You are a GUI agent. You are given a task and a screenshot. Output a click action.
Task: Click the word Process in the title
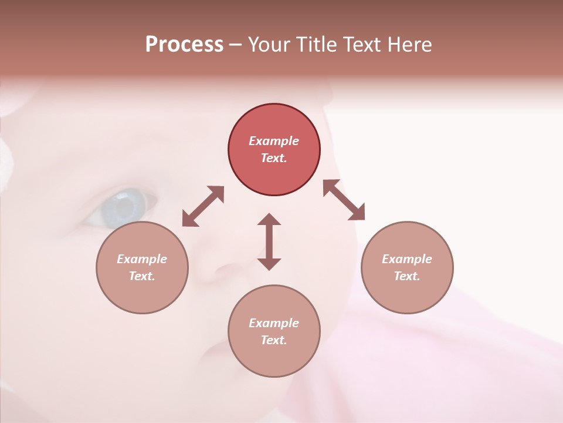[x=184, y=45]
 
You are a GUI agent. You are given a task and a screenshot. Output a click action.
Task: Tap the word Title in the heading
[x=317, y=45]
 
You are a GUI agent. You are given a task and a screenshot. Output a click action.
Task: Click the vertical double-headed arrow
[x=269, y=241]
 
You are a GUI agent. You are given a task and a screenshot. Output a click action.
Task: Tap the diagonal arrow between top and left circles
[x=203, y=206]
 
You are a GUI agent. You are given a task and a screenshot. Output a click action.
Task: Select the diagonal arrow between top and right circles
[x=344, y=200]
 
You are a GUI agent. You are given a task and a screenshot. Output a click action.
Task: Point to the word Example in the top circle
[x=274, y=141]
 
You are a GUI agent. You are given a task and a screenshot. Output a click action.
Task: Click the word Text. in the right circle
[x=407, y=276]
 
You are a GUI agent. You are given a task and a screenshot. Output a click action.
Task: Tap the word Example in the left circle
[x=142, y=259]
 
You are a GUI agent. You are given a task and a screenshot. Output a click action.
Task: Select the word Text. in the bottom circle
[x=274, y=340]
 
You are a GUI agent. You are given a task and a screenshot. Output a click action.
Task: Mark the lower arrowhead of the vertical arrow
[x=269, y=264]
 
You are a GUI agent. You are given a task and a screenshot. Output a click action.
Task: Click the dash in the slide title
[x=235, y=45]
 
